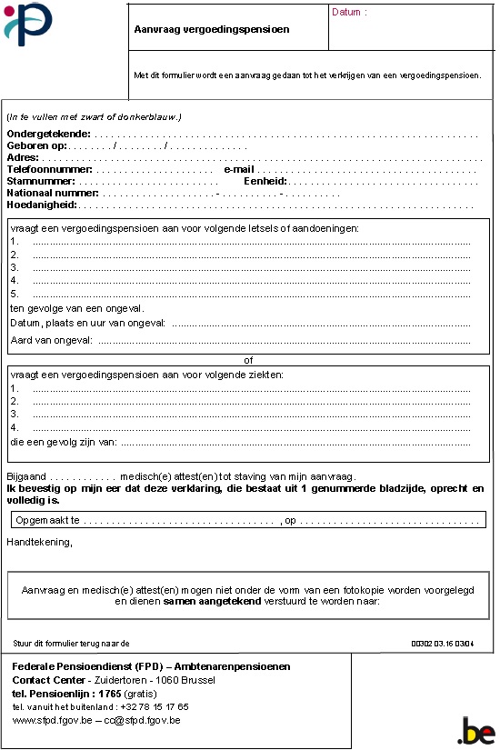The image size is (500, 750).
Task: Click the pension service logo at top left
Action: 29,24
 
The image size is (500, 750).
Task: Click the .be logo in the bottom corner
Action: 475,730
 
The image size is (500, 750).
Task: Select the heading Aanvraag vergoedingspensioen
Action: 211,29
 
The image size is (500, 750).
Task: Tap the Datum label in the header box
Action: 349,13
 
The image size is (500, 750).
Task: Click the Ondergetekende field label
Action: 48,135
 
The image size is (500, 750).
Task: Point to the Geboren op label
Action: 37,146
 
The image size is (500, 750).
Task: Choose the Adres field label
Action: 22,158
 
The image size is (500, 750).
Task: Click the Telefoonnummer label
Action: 49,170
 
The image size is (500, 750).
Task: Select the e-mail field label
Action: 240,170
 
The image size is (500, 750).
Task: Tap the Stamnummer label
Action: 40,182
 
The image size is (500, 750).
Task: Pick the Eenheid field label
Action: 265,182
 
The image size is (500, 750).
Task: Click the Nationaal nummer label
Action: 53,194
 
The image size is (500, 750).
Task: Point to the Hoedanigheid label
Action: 42,205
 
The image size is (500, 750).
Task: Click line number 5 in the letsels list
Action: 15,294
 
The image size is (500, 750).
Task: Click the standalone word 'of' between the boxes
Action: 249,360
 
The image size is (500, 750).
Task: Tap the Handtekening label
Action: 40,542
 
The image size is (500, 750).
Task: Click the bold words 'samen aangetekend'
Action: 213,602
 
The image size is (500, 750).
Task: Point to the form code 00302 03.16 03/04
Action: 443,643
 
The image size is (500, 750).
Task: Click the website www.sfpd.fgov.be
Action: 50,720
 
